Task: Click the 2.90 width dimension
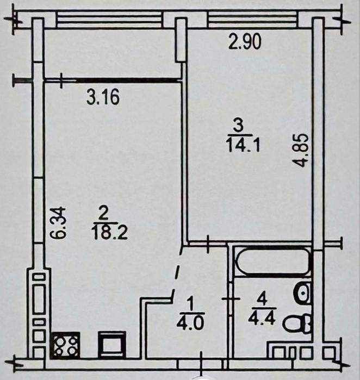pos(245,42)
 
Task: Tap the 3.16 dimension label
pos(103,97)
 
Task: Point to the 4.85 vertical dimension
pos(303,151)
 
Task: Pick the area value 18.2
pos(109,233)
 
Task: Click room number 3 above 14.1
pos(239,127)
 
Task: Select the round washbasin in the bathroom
pos(302,293)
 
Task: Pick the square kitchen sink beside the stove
pos(112,345)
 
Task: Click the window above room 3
pos(253,20)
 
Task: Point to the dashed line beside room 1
pos(177,273)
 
